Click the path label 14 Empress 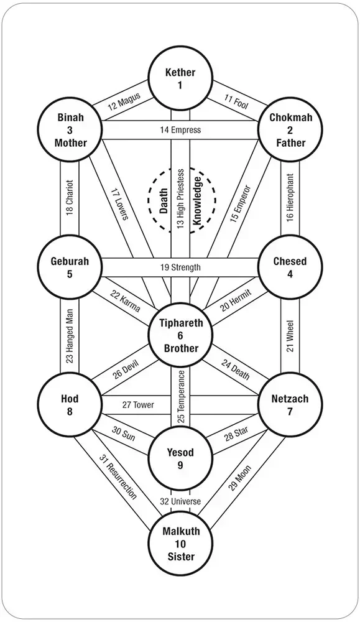point(180,130)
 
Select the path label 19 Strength point(180,267)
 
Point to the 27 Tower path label point(138,405)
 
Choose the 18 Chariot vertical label point(70,198)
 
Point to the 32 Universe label point(180,501)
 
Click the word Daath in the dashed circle point(164,201)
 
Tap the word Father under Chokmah point(290,143)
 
